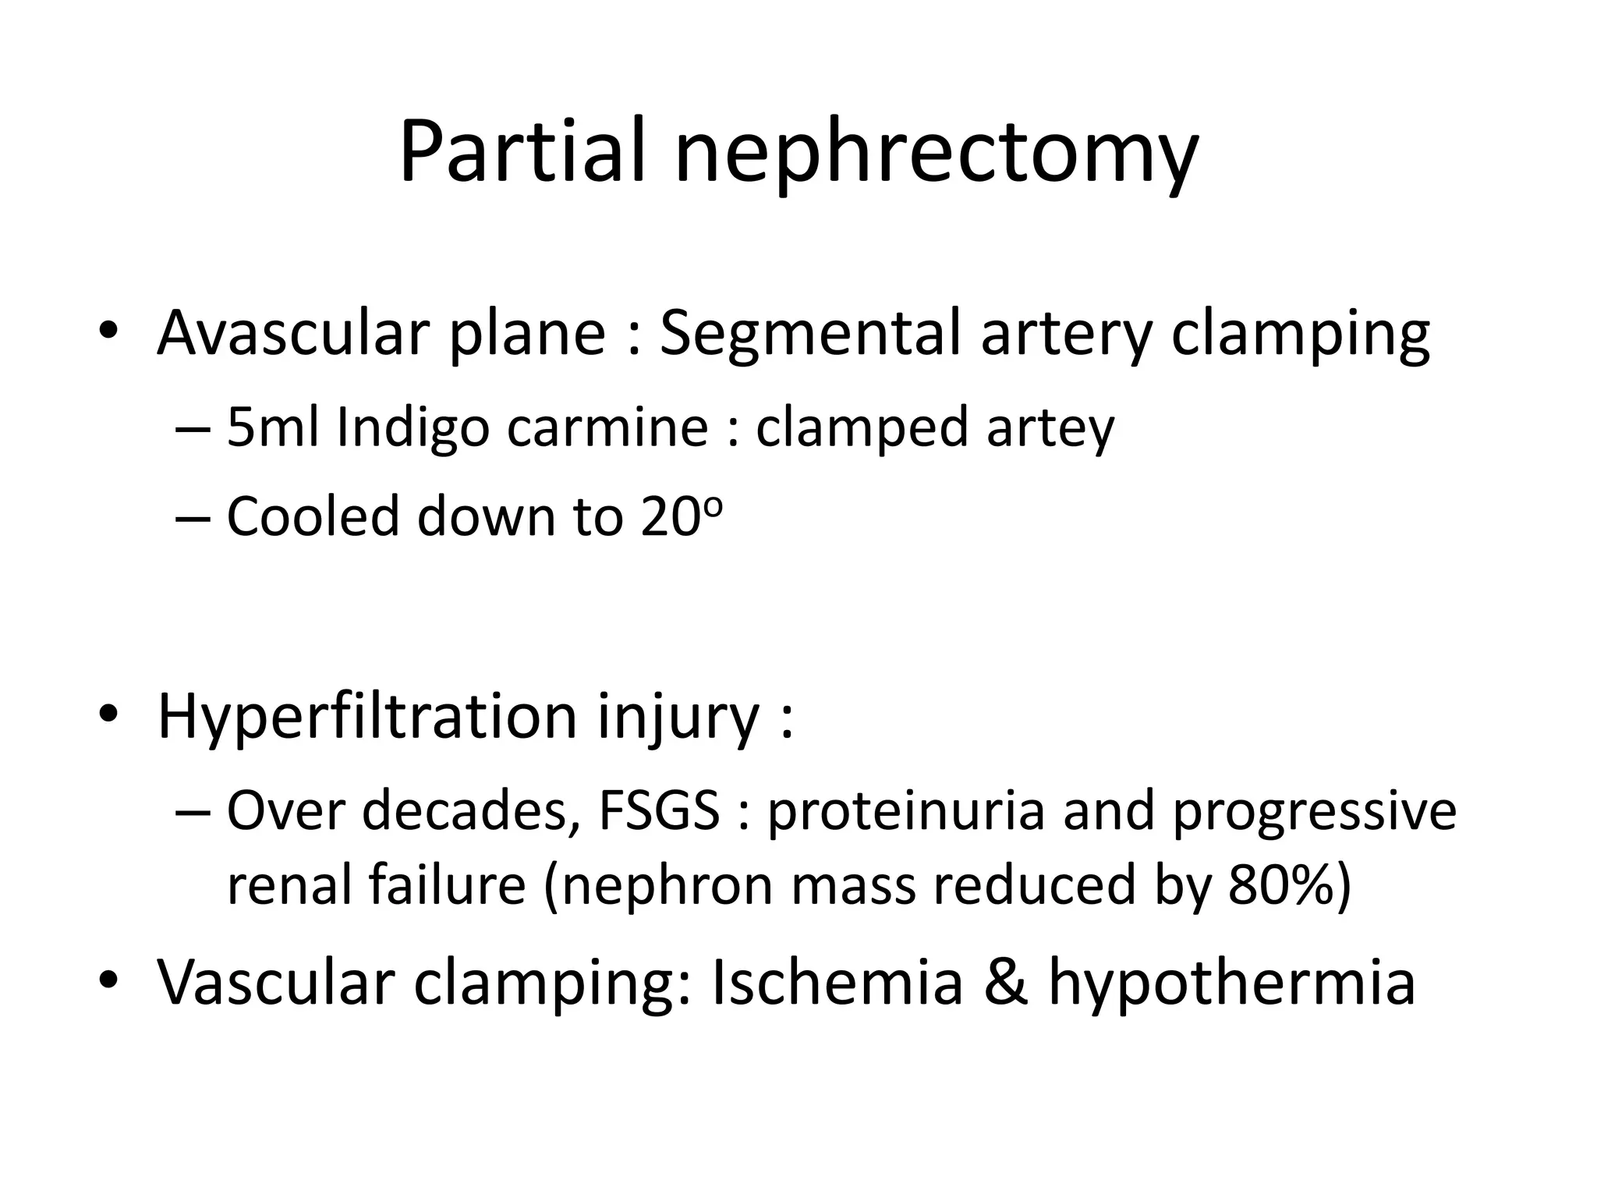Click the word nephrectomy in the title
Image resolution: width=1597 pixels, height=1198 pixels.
936,154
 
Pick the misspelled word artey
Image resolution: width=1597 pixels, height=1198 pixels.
1050,429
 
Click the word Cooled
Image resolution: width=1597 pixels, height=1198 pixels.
312,516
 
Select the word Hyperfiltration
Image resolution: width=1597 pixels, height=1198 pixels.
366,716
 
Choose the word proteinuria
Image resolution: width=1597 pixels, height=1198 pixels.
905,811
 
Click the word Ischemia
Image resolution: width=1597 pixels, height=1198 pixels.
837,981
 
